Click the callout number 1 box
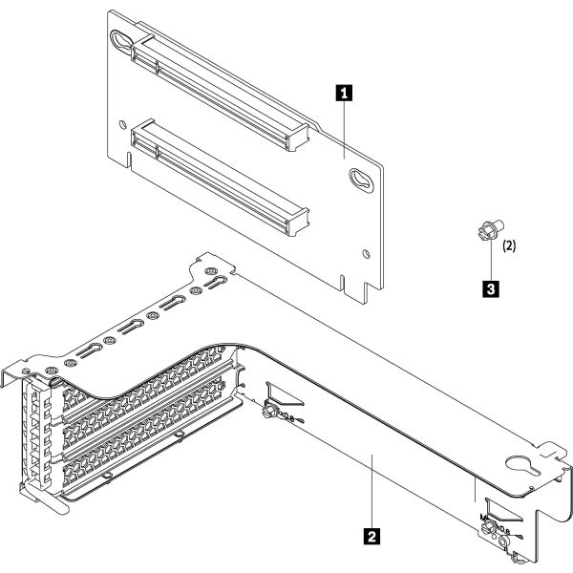(x=345, y=94)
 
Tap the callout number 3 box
(x=489, y=286)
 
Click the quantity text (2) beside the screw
(x=510, y=246)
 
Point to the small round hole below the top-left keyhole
(x=123, y=124)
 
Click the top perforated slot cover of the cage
(x=143, y=387)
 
